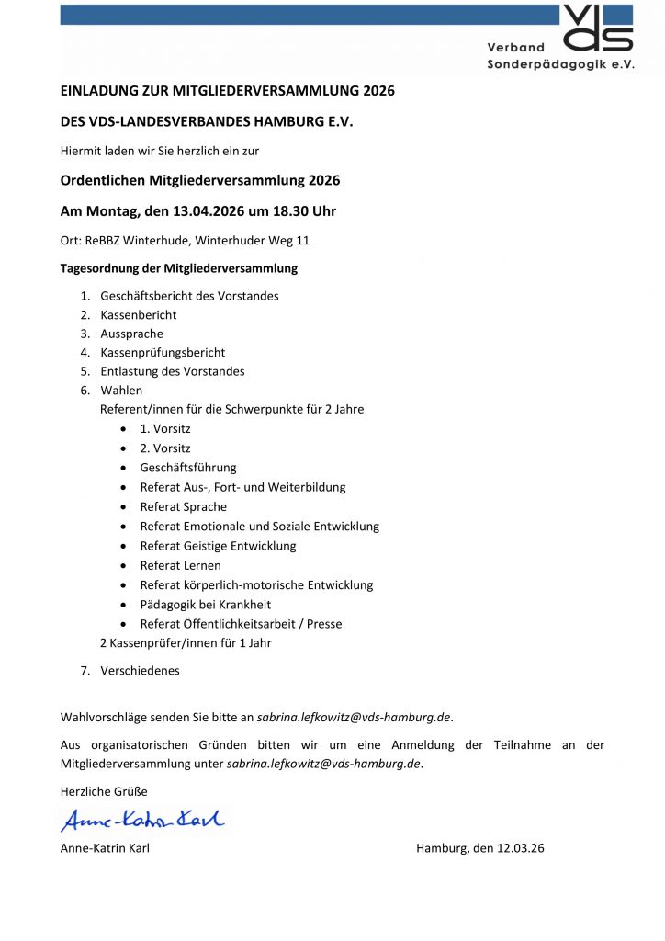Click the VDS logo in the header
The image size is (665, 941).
[x=598, y=28]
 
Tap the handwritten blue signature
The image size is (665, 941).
[x=142, y=820]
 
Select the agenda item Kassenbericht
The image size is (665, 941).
[x=139, y=315]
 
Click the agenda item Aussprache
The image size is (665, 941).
[x=132, y=334]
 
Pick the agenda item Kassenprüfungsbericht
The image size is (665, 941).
[x=163, y=353]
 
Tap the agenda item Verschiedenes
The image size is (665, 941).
[x=140, y=671]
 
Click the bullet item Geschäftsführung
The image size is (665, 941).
[x=188, y=468]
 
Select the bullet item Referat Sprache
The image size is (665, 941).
[x=184, y=507]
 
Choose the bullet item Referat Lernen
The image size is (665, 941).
[x=181, y=566]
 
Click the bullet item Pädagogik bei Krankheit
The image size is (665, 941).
[x=206, y=605]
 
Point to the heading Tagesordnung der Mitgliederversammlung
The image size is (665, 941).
[x=179, y=269]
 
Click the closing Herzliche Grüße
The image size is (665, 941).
[x=104, y=791]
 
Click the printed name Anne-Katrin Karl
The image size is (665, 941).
[x=105, y=848]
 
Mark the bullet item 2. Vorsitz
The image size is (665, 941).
[x=165, y=448]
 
